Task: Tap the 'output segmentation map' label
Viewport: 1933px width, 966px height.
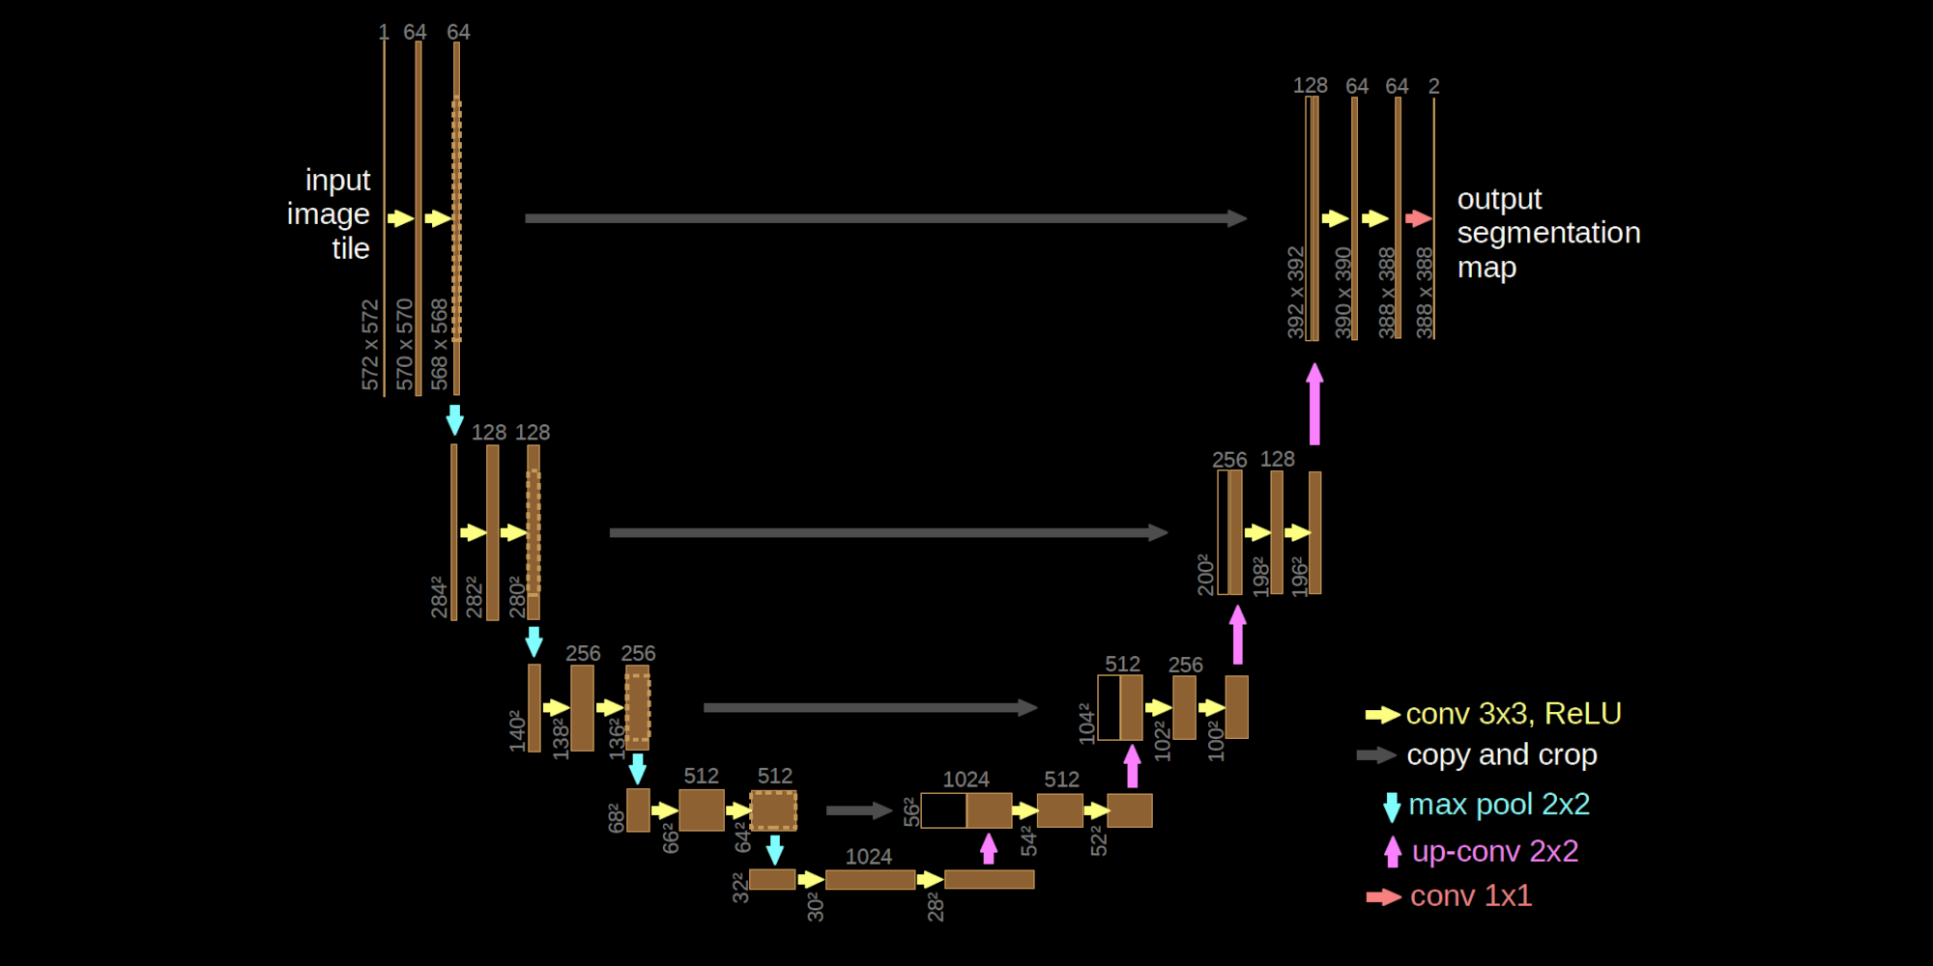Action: point(1547,233)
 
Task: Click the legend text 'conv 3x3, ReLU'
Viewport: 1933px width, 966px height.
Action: point(1513,714)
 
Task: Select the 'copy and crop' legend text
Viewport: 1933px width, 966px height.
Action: point(1501,754)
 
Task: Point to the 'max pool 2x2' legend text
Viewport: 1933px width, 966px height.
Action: point(1498,804)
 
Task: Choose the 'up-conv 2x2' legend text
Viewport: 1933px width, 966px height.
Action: point(1494,851)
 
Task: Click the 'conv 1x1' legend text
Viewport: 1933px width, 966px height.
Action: point(1470,895)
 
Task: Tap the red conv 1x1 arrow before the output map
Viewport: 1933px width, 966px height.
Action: point(1418,218)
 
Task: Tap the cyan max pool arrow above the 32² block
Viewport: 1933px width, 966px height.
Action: point(774,850)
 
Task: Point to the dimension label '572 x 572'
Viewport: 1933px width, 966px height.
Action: point(370,345)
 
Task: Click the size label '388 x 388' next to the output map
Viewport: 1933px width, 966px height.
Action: point(1424,293)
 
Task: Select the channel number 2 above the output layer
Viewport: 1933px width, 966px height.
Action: point(1433,86)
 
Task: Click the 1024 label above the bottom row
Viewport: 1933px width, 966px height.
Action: point(868,857)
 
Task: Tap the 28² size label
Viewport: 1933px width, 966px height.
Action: point(935,907)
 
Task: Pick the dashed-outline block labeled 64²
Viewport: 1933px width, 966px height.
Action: point(774,810)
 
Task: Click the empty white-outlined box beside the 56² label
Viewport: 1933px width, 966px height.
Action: point(943,810)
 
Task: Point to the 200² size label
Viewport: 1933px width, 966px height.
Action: point(1205,575)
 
